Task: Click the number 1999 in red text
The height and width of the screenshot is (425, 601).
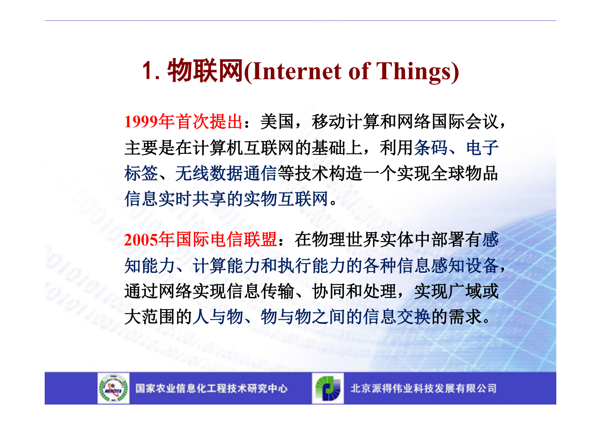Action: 141,122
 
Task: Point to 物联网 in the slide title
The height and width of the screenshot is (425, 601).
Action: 205,71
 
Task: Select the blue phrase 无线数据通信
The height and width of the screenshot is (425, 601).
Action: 226,173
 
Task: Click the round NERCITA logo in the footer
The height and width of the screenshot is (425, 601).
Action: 113,388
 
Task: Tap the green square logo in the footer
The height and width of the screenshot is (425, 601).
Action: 328,388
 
